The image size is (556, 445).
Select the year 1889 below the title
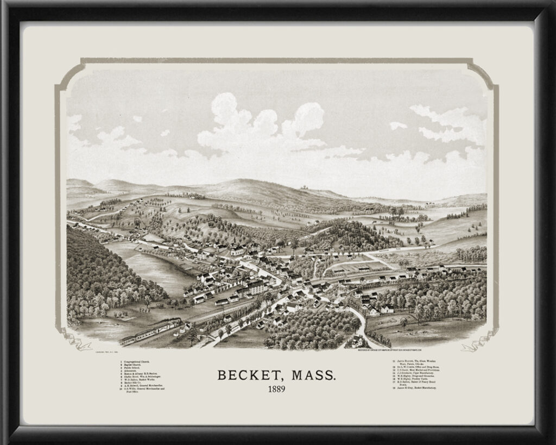click(277, 389)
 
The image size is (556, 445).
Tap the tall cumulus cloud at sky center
click(255, 125)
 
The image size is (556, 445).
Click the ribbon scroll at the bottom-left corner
click(73, 341)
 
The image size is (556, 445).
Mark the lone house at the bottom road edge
click(356, 341)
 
